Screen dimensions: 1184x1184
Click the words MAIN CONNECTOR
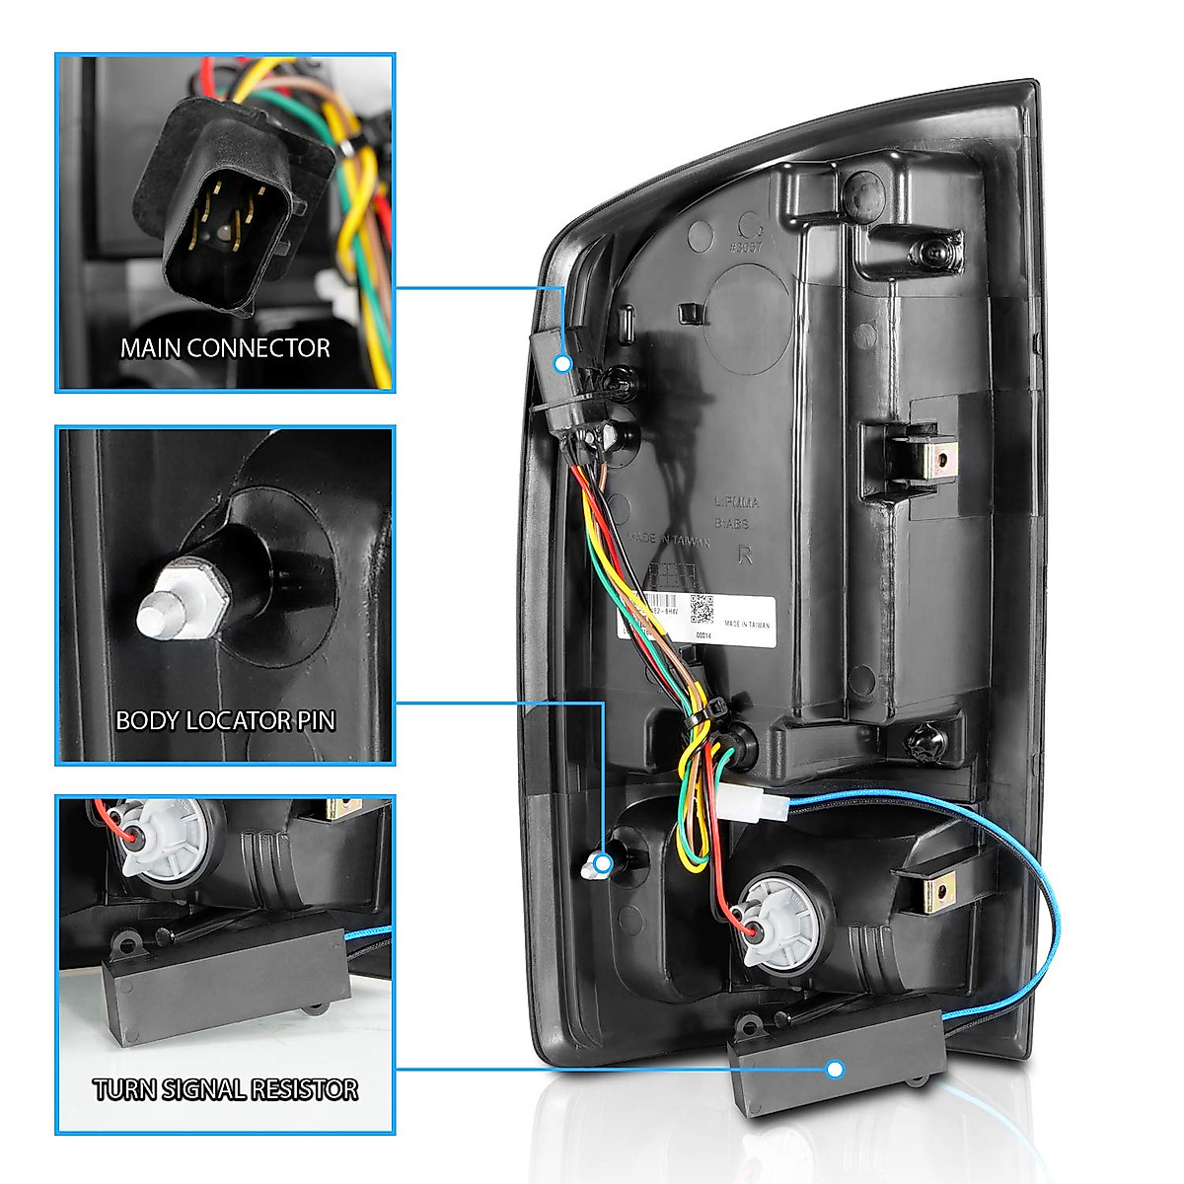225,348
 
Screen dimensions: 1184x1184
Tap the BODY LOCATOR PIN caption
225,721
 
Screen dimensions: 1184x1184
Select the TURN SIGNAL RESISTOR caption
225,1089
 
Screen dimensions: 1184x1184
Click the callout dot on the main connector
563,363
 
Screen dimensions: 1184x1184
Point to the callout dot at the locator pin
603,864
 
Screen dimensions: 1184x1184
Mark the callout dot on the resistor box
836,1069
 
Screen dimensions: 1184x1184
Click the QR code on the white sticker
702,609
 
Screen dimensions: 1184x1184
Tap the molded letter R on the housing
745,555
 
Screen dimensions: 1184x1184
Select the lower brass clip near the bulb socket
936,893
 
